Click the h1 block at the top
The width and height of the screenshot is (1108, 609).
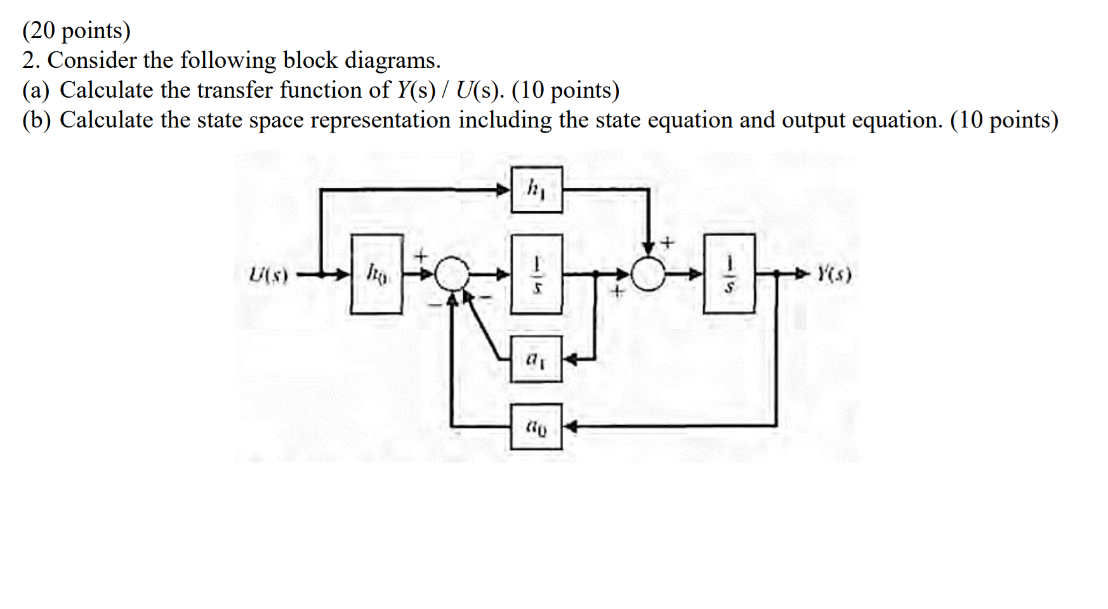point(536,189)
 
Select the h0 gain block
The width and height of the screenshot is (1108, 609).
point(376,274)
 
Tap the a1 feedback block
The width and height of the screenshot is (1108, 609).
point(536,360)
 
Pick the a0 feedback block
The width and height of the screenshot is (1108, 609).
point(536,427)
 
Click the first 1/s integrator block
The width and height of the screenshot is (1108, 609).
point(537,274)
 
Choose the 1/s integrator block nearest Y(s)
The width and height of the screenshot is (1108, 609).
point(729,274)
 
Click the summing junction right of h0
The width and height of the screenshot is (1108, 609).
point(452,274)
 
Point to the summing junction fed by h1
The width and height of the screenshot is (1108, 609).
point(648,274)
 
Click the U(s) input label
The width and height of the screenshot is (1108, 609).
point(269,275)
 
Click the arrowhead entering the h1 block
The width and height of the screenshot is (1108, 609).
point(504,188)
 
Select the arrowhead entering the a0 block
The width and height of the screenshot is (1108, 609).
point(570,426)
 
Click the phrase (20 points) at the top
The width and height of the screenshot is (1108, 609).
point(76,30)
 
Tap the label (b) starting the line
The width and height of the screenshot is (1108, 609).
point(36,120)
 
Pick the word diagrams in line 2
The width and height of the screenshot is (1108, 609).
point(392,60)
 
